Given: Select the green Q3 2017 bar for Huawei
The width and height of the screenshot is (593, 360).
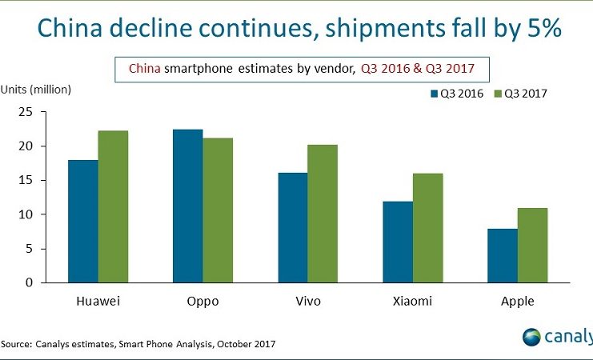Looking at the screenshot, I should pos(113,206).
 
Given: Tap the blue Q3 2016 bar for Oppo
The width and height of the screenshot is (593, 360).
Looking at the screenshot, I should pos(187,206).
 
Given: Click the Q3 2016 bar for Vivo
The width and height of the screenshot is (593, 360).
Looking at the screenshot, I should pos(292,227).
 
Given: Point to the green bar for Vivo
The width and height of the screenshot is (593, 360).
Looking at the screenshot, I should pos(323,214).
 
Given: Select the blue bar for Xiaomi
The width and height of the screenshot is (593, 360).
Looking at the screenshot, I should pos(397,242).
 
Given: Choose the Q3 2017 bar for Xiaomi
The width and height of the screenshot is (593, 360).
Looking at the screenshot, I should pos(427,228).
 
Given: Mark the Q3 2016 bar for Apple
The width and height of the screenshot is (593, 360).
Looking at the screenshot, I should pos(502,255).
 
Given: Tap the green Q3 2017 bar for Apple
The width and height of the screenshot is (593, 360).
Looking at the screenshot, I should pos(532,245).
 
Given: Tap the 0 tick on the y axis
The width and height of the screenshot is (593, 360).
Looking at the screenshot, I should pos(29,282).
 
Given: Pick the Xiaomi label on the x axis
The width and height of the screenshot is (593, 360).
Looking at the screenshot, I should pos(412,302).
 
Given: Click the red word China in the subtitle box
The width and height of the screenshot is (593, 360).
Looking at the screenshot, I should pos(143,69).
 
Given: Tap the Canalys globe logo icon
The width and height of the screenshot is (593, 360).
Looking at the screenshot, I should pos(532,336).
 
